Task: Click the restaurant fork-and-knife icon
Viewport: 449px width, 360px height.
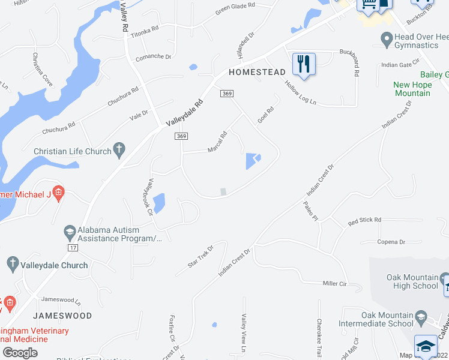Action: pyautogui.click(x=304, y=63)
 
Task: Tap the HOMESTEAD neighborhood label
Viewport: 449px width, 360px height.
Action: pyautogui.click(x=257, y=72)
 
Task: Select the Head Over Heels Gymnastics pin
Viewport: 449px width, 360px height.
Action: pyautogui.click(x=387, y=40)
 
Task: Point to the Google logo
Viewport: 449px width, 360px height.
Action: pyautogui.click(x=20, y=352)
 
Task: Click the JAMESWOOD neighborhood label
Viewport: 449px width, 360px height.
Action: pyautogui.click(x=62, y=316)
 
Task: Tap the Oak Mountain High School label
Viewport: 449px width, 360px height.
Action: pyautogui.click(x=412, y=281)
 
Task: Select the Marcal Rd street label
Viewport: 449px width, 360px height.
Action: pyautogui.click(x=217, y=142)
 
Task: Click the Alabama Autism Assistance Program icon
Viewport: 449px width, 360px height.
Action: pyautogui.click(x=70, y=231)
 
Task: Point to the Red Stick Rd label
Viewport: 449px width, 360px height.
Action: pyautogui.click(x=364, y=220)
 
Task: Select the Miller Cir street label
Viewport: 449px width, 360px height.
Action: pyautogui.click(x=335, y=283)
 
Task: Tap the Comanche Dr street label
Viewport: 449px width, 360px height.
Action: pyautogui.click(x=154, y=57)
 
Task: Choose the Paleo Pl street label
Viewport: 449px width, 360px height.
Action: pyautogui.click(x=309, y=211)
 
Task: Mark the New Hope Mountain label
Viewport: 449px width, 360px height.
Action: pyautogui.click(x=412, y=89)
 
